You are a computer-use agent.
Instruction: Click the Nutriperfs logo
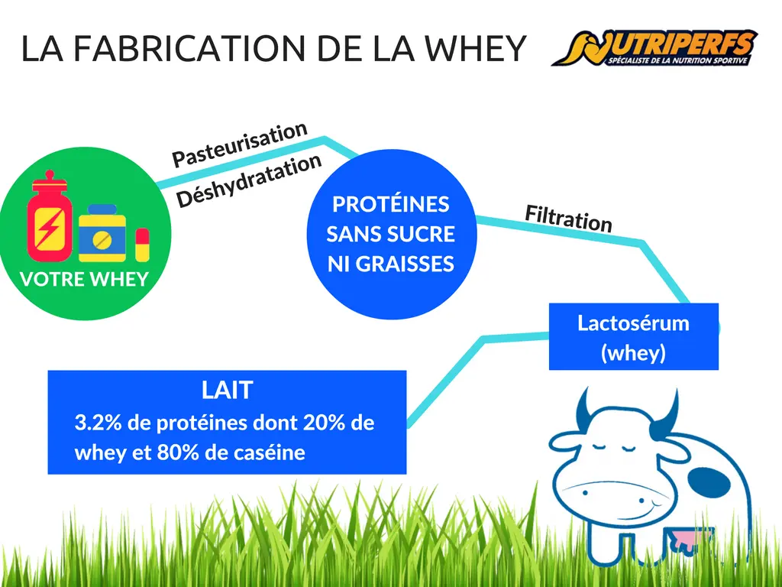(x=654, y=48)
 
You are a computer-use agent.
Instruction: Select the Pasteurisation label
(x=239, y=144)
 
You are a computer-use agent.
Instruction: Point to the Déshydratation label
(x=249, y=180)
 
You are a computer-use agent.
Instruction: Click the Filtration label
(x=568, y=219)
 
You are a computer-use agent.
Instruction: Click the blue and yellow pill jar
(x=102, y=232)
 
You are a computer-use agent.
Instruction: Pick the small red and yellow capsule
(x=142, y=245)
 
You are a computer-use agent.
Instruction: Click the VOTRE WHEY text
(x=84, y=279)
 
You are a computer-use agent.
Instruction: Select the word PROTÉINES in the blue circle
(x=391, y=204)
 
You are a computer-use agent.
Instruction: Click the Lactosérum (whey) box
(x=633, y=336)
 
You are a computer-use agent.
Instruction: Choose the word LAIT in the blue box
(x=228, y=390)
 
